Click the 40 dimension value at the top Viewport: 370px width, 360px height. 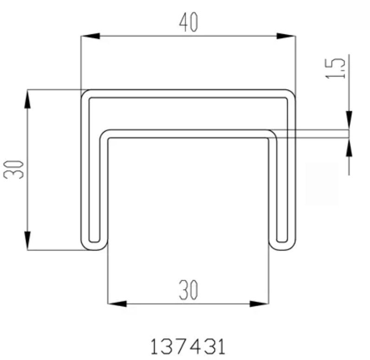(x=188, y=23)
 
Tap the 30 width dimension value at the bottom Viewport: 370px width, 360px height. (x=188, y=290)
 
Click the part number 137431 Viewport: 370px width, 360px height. (x=188, y=346)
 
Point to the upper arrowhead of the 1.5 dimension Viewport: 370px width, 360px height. (x=348, y=120)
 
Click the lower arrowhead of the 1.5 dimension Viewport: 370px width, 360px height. (x=348, y=148)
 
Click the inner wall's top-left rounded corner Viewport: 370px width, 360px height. (x=104, y=134)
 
